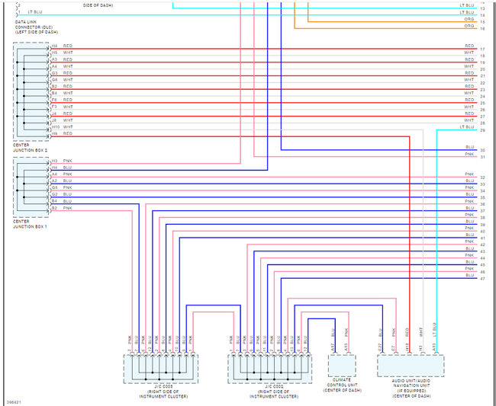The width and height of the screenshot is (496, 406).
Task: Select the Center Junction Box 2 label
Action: [31, 148]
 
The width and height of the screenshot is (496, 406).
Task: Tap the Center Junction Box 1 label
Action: [31, 223]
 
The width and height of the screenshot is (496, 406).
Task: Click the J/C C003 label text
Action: [160, 392]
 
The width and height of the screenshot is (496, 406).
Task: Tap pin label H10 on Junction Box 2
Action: [56, 127]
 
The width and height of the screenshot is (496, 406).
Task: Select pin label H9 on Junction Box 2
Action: [55, 134]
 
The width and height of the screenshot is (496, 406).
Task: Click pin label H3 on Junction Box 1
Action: [55, 161]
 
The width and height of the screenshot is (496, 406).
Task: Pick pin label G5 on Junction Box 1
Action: [55, 187]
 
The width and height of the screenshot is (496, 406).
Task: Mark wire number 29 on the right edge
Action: [482, 130]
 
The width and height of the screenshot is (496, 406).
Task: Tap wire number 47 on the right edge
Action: [482, 279]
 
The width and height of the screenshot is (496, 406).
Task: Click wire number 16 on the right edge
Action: [482, 28]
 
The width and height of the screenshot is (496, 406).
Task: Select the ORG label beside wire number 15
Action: [469, 21]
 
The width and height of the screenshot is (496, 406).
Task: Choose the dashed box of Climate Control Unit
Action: [342, 366]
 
